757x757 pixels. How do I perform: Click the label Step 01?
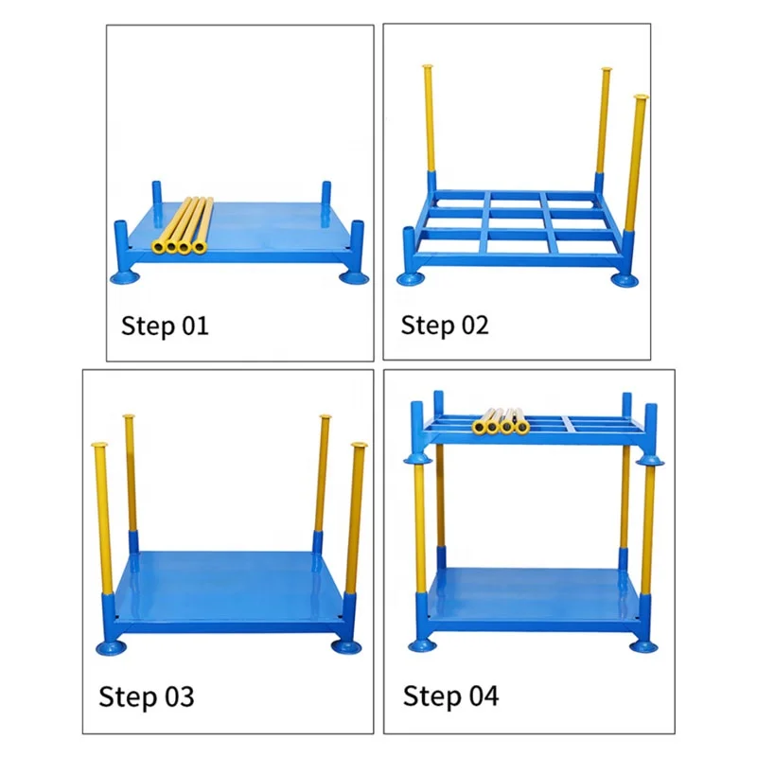165,326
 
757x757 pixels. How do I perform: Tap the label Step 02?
445,325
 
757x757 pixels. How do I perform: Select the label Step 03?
147,696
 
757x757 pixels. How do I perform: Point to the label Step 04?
451,695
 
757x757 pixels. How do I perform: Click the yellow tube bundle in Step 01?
183,225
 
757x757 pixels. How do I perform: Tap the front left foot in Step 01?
125,277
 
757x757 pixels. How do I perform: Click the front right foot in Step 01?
353,277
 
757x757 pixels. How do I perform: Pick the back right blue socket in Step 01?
326,192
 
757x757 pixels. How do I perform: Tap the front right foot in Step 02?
625,280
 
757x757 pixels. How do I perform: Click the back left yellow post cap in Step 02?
428,66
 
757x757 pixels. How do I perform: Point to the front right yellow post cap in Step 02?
641,97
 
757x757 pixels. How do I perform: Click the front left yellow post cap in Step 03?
99,444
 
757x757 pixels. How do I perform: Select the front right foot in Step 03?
346,647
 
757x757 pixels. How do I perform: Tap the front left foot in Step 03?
111,647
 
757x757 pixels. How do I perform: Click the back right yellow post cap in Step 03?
326,416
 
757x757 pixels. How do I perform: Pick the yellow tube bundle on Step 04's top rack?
501,421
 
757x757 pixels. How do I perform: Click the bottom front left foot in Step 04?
422,645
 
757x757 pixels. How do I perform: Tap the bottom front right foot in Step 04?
643,646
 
